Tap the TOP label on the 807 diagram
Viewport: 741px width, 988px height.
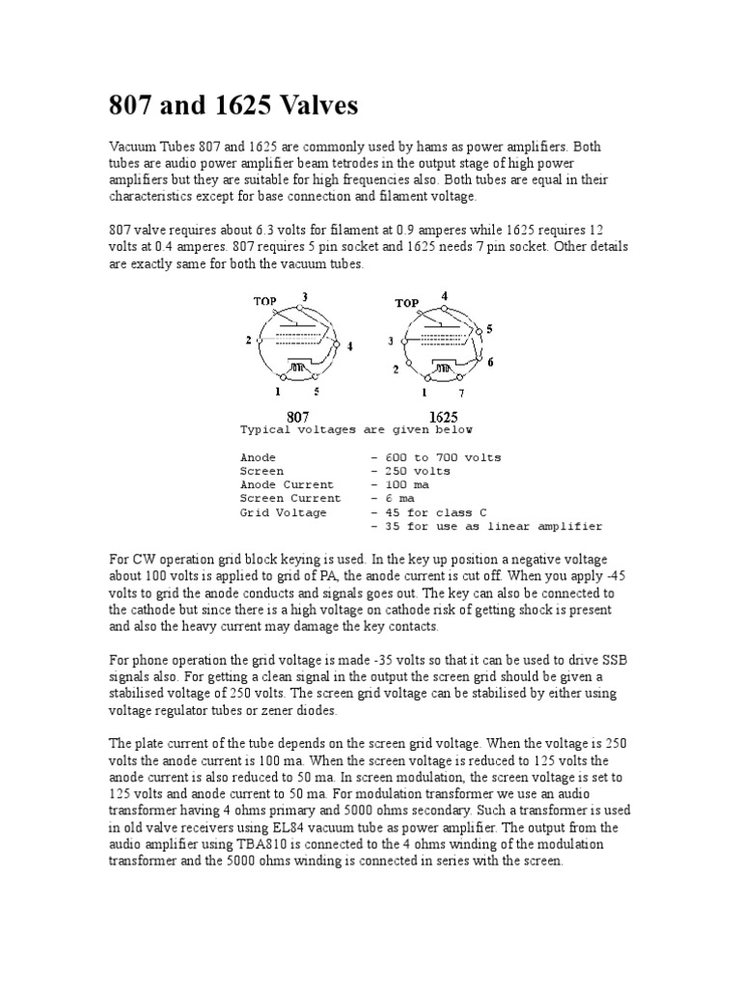[x=265, y=301]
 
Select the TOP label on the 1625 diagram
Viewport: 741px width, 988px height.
[x=406, y=303]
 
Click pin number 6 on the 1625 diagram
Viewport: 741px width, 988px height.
[x=491, y=362]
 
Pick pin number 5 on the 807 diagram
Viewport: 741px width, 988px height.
[x=316, y=392]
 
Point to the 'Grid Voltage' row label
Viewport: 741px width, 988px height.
[x=284, y=512]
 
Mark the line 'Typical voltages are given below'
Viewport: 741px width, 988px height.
[x=356, y=429]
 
